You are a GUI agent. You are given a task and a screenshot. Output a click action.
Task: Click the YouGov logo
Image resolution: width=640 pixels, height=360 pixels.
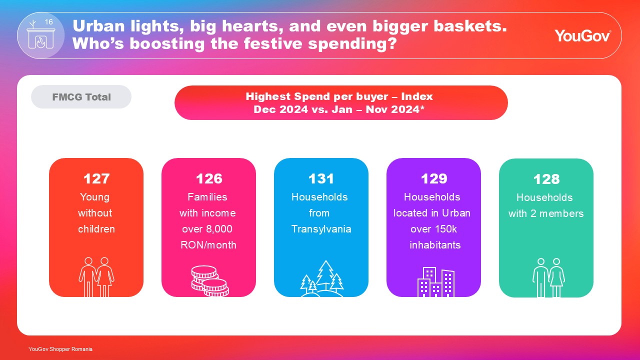[582, 35]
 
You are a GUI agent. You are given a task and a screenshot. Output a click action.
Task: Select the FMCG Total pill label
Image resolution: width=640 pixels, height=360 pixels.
[81, 97]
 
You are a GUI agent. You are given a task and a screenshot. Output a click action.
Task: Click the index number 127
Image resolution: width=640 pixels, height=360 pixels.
[96, 179]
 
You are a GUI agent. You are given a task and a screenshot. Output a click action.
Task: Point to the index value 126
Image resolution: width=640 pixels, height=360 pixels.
[209, 179]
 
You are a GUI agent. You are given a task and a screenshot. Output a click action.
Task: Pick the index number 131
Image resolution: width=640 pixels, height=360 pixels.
[321, 179]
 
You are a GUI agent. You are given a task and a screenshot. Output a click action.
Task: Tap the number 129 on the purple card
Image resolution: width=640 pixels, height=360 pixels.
[433, 179]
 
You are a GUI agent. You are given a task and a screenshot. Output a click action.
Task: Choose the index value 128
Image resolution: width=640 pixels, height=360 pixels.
[546, 179]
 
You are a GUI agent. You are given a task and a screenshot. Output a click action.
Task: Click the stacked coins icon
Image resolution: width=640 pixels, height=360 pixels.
[210, 281]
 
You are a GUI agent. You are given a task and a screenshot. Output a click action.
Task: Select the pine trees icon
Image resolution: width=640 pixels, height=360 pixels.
[322, 278]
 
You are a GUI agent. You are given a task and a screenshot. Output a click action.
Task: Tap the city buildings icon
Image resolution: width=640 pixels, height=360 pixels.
[436, 282]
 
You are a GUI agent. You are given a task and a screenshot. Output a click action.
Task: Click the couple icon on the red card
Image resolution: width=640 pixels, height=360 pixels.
[96, 277]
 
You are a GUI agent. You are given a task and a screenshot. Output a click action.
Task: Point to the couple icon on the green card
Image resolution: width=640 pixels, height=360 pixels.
[548, 277]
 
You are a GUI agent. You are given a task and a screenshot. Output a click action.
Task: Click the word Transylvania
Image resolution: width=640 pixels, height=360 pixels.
[321, 229]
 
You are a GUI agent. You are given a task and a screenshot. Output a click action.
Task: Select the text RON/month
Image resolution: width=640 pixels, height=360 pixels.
[208, 245]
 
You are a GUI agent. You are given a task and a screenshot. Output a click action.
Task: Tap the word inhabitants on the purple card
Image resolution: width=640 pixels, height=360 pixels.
[435, 245]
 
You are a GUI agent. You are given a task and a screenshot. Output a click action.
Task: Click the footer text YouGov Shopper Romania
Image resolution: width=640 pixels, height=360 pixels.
[60, 349]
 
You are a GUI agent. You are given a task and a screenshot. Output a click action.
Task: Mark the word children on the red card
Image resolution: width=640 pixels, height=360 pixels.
[96, 229]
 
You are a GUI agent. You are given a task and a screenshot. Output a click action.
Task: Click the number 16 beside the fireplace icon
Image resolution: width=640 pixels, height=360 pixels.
[49, 22]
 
